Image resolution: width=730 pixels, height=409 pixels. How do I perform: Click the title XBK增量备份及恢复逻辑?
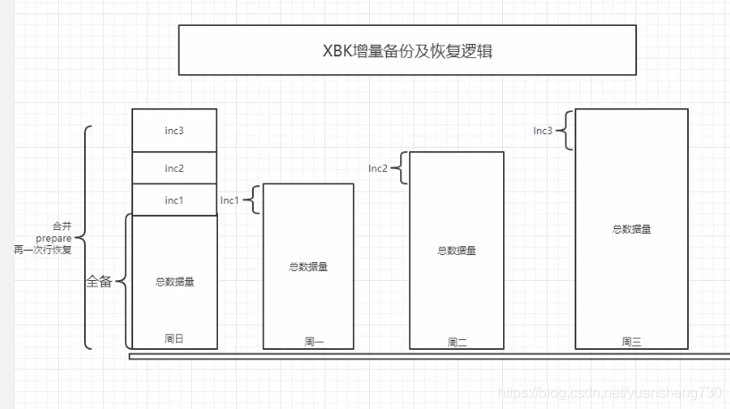(407, 50)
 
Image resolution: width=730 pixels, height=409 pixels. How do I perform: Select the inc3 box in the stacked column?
(174, 131)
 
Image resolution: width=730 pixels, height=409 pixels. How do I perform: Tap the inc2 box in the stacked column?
(174, 168)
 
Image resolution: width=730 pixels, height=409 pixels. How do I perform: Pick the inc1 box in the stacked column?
(174, 200)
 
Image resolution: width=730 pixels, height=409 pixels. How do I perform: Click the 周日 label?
(174, 339)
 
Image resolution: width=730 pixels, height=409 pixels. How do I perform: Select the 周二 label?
(457, 341)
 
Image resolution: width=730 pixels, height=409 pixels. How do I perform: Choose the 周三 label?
(632, 341)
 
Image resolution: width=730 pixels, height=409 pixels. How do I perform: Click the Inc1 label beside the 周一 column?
(230, 200)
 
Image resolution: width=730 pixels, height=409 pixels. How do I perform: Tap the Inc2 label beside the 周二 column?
(378, 168)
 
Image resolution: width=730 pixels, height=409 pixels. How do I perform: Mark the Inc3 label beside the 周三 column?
(543, 131)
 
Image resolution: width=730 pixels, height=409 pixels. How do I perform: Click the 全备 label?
(99, 281)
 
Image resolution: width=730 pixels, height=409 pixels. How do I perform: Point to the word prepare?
(54, 237)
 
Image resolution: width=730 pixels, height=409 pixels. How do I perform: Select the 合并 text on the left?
(62, 226)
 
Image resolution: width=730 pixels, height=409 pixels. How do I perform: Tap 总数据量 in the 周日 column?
(174, 282)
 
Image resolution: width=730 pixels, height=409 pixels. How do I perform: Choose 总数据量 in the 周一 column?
(308, 267)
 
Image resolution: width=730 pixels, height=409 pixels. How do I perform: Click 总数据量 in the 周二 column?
(457, 251)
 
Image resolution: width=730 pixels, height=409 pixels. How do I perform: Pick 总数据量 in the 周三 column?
(632, 229)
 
